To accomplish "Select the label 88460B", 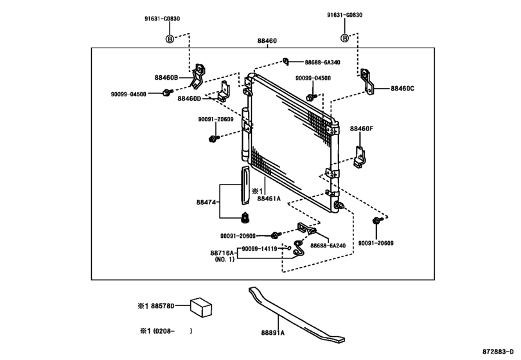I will pos(166,78).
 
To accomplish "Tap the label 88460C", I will pos(402,89).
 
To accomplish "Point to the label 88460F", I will pos(361,129).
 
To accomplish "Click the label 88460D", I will pos(190,98).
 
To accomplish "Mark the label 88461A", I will pos(270,199).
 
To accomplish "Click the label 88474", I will pos(207,201).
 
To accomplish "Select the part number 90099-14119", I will pos(261,248).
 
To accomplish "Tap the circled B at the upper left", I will pos(170,38).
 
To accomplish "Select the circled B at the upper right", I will pos(345,38).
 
